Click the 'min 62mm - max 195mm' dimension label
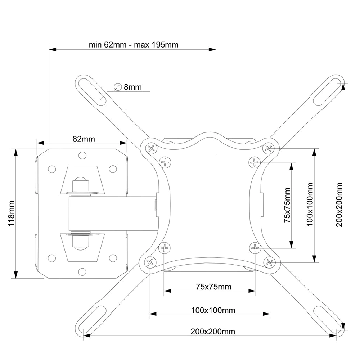(134, 45)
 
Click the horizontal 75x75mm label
(213, 287)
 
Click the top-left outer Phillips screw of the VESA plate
(151, 148)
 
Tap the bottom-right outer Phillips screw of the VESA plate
(269, 262)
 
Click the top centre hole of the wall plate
(82, 156)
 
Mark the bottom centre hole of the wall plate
(82, 272)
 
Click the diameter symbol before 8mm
(117, 87)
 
